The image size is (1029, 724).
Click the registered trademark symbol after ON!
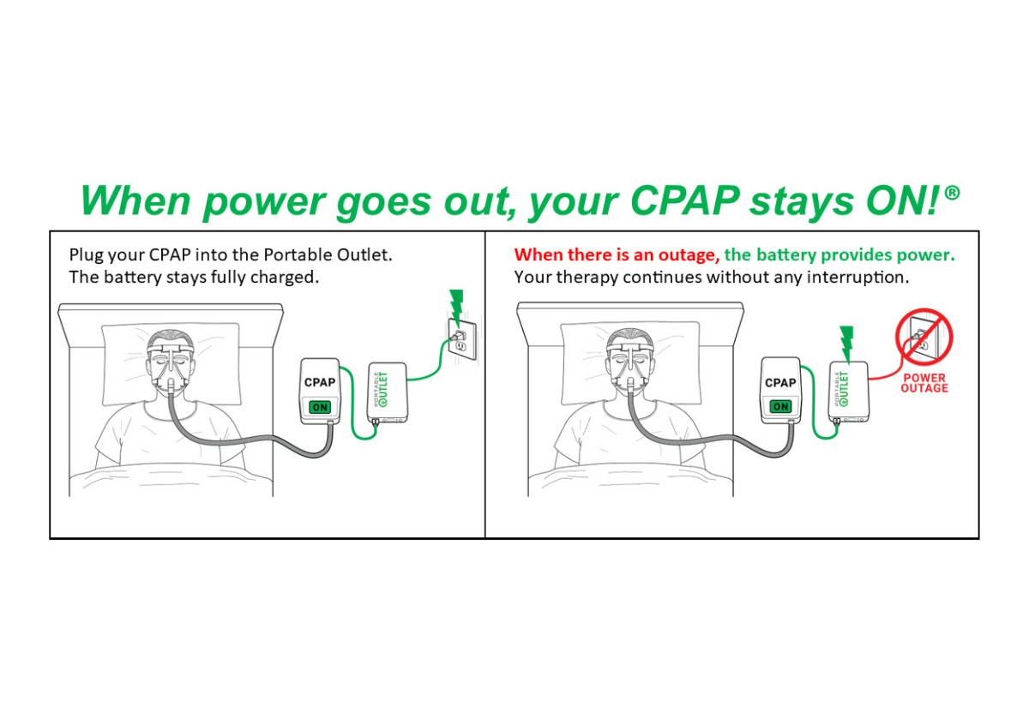pyautogui.click(x=953, y=193)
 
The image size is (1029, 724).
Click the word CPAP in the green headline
pyautogui.click(x=685, y=200)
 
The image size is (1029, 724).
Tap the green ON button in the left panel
pyautogui.click(x=320, y=407)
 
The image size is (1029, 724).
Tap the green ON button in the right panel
pyautogui.click(x=780, y=406)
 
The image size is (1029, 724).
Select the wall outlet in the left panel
pyautogui.click(x=462, y=338)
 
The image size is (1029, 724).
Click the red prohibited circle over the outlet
pyautogui.click(x=924, y=337)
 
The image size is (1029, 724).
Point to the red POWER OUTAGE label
pyautogui.click(x=924, y=383)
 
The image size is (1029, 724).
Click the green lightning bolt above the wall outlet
pyautogui.click(x=456, y=307)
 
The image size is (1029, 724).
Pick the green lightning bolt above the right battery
pyautogui.click(x=846, y=344)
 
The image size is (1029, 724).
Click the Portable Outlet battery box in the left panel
pyautogui.click(x=388, y=392)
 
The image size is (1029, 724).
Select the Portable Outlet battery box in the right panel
pyautogui.click(x=848, y=392)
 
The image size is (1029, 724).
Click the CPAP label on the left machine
pyautogui.click(x=320, y=382)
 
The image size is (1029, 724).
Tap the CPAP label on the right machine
pyautogui.click(x=780, y=382)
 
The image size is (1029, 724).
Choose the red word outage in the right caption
pyautogui.click(x=689, y=255)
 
